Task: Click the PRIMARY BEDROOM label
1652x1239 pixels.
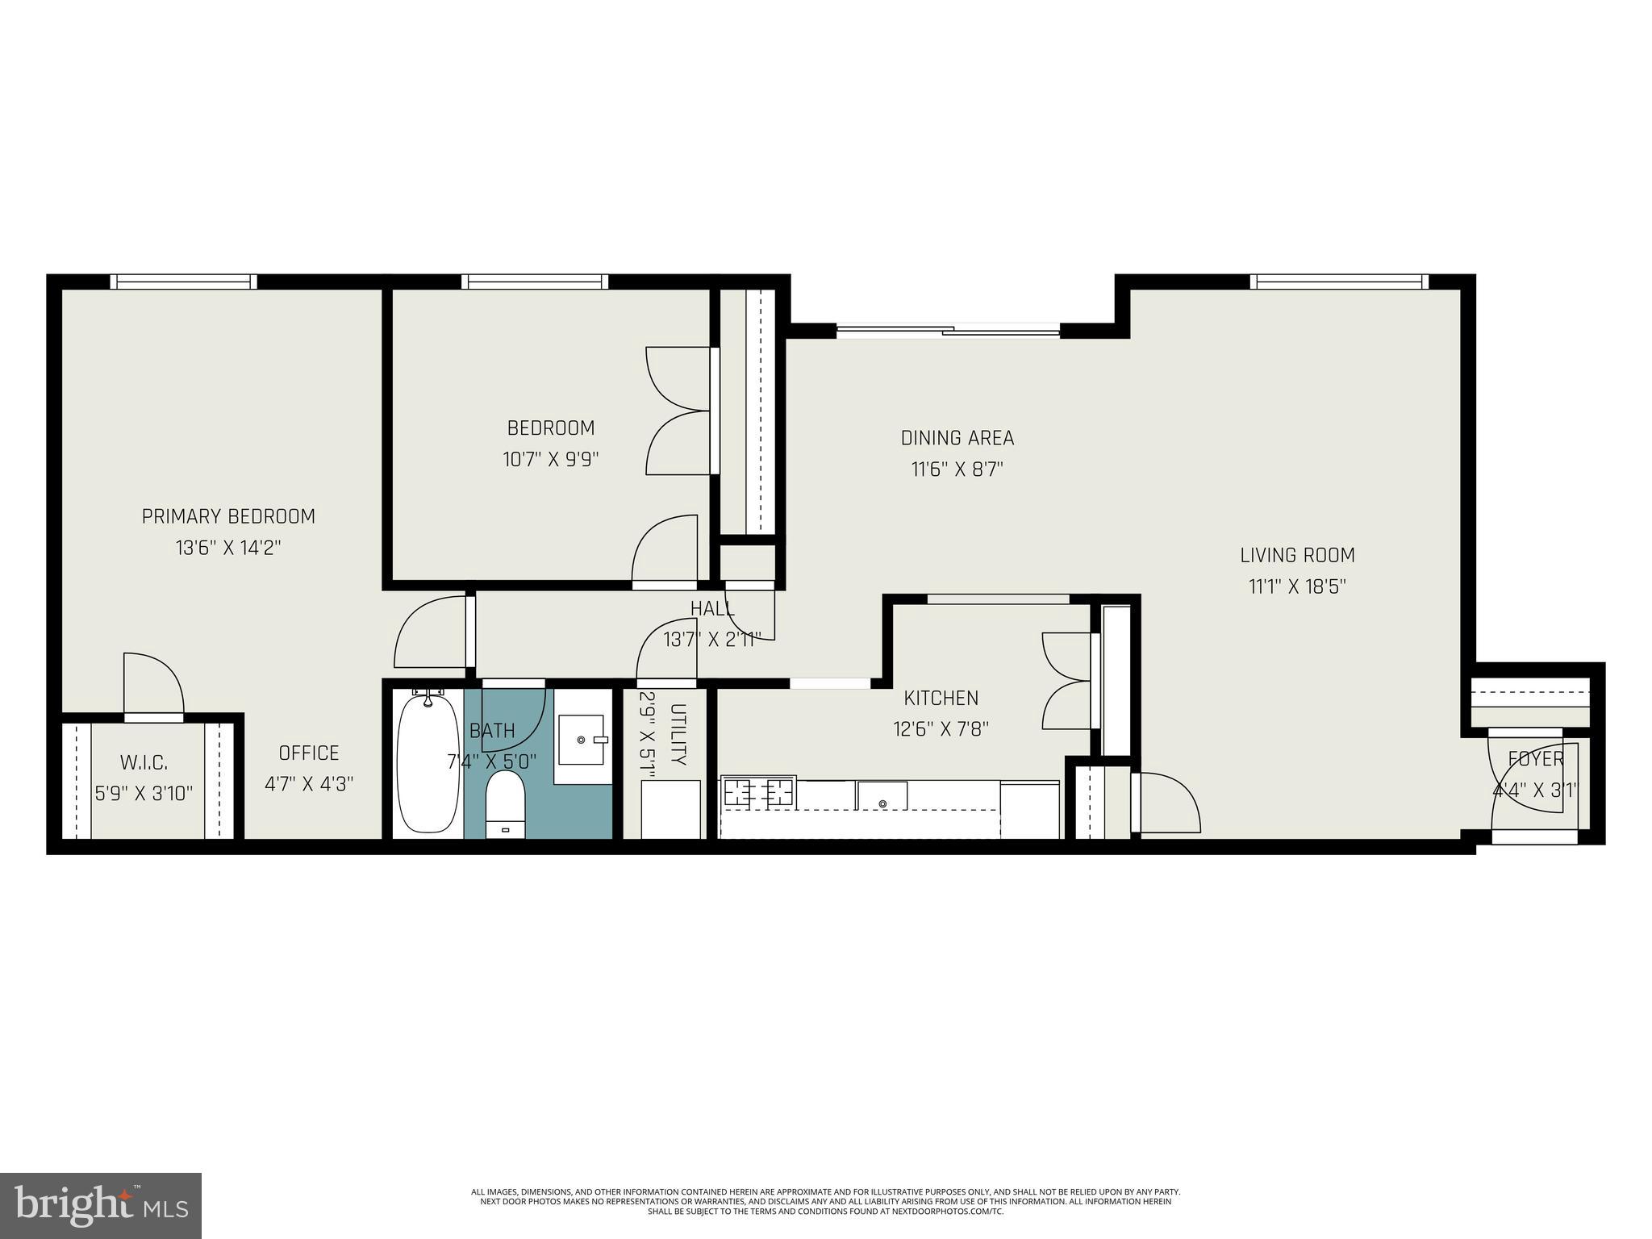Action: click(x=228, y=516)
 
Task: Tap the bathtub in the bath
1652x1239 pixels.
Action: click(x=427, y=762)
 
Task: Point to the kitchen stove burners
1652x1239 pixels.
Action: click(x=758, y=792)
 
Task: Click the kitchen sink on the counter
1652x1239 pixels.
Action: click(x=882, y=796)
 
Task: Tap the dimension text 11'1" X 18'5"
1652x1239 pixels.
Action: click(x=1297, y=586)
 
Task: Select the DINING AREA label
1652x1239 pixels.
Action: click(x=957, y=438)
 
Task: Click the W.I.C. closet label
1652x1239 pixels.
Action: click(x=144, y=762)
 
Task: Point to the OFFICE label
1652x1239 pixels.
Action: click(x=309, y=753)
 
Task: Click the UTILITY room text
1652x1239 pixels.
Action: click(x=678, y=734)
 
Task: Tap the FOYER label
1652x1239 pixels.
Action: click(x=1536, y=759)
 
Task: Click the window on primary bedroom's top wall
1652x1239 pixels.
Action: click(x=184, y=282)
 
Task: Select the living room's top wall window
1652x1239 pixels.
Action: click(x=1339, y=282)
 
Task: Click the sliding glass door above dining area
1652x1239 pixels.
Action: click(x=948, y=329)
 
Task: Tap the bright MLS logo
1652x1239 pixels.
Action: click(x=101, y=1205)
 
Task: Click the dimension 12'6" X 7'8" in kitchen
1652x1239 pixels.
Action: click(x=941, y=729)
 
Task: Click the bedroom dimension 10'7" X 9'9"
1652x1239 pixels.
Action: click(x=551, y=460)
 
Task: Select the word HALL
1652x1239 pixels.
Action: click(x=712, y=608)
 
